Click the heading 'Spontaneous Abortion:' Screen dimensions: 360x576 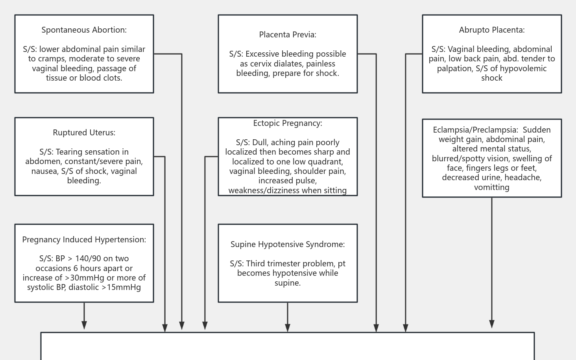84,30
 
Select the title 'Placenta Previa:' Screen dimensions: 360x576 288,35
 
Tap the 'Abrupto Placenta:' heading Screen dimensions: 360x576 491,30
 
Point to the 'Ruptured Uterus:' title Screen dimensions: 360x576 84,133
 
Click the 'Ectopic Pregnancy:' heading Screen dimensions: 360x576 288,123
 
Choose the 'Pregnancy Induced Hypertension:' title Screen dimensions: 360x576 84,240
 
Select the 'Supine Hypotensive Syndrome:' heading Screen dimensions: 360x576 288,244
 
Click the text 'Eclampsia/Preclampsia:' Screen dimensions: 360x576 475,130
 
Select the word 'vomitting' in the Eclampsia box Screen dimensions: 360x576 491,187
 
